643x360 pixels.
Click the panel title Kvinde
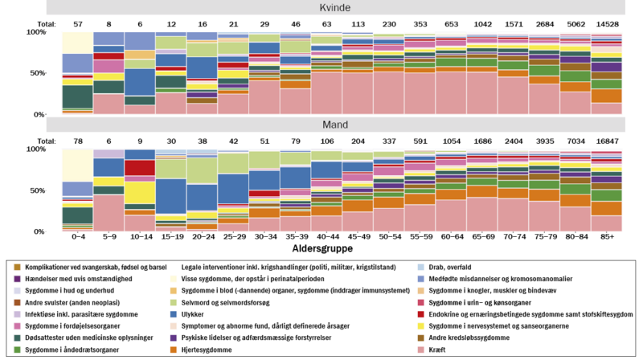(335, 8)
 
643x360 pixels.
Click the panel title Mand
(335, 125)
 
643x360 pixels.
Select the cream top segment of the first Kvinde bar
(77, 43)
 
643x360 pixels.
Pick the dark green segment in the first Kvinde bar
(77, 96)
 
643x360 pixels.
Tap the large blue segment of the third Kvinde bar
(140, 82)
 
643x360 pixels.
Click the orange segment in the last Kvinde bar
(607, 96)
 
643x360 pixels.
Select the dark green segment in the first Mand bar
(77, 215)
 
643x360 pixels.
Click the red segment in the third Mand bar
(140, 168)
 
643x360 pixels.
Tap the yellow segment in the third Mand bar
(140, 193)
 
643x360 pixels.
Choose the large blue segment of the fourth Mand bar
(171, 196)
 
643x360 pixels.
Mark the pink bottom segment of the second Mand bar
(109, 213)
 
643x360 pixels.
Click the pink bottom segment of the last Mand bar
(607, 223)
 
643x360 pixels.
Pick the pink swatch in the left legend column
(17, 326)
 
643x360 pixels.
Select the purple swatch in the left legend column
(17, 279)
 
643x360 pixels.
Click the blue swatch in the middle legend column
(174, 314)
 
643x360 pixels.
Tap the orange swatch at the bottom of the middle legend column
(174, 350)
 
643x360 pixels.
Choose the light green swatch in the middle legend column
(174, 303)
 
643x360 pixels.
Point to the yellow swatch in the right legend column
(420, 326)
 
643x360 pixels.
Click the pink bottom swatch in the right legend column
(420, 350)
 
